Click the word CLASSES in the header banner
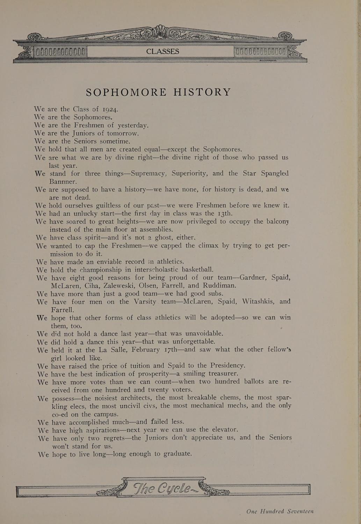pyautogui.click(x=163, y=51)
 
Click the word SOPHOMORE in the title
pyautogui.click(x=126, y=92)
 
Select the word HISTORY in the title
pyautogui.click(x=202, y=92)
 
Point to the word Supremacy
pyautogui.click(x=145, y=173)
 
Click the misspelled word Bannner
pyautogui.click(x=63, y=182)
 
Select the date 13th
pyautogui.click(x=223, y=213)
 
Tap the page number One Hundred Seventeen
pyautogui.click(x=280, y=511)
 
